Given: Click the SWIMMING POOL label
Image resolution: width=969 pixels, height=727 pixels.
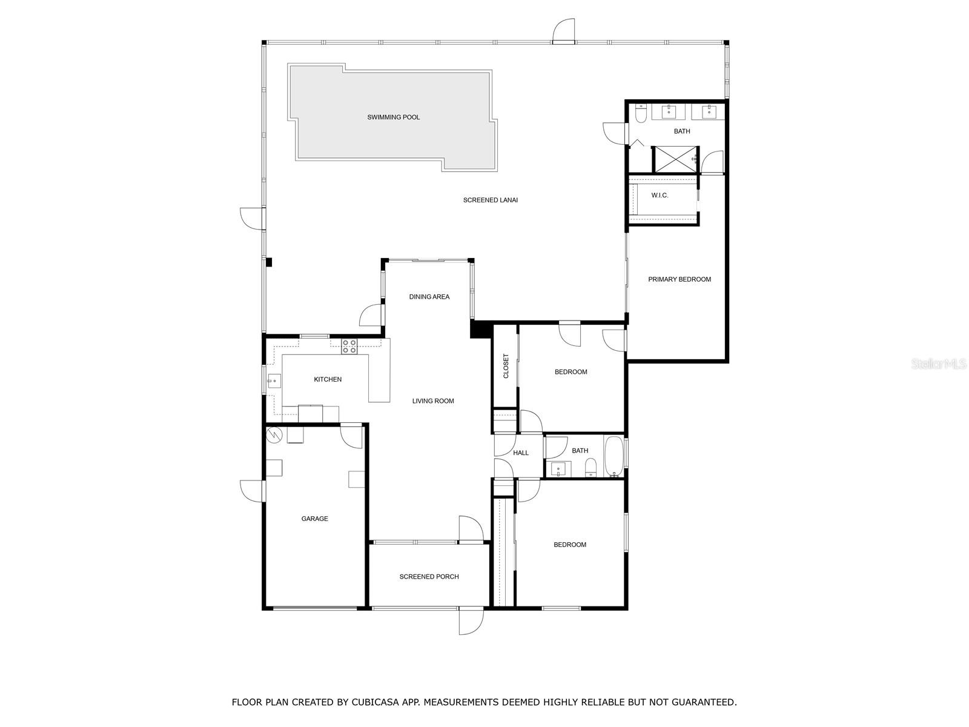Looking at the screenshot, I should point(393,118).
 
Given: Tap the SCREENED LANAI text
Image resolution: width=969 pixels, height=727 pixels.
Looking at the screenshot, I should point(490,200).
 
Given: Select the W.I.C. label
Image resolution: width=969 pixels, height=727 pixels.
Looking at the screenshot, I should point(660,195).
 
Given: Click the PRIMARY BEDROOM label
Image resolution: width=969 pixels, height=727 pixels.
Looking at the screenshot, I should point(679,279).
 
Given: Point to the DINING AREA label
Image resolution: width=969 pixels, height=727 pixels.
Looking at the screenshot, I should point(429,297).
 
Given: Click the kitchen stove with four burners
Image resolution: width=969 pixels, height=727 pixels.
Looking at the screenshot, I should point(349,347).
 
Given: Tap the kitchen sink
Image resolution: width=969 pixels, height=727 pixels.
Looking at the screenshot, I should point(274,381).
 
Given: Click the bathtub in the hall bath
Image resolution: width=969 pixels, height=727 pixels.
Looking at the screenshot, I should point(613,456).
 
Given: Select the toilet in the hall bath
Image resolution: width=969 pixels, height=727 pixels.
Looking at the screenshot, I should point(590,466).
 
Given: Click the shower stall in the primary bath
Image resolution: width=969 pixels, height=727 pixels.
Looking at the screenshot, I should point(674,159).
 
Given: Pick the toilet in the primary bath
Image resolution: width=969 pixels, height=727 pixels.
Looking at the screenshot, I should point(641,113).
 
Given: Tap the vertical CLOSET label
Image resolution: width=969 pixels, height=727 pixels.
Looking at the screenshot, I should point(506,367).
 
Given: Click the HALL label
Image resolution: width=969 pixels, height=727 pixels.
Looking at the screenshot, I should point(520,453).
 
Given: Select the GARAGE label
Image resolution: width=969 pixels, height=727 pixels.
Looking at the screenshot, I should point(314,519).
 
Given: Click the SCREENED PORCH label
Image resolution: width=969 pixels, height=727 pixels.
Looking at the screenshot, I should point(429,577).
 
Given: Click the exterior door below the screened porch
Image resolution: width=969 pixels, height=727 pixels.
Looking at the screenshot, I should point(471,620).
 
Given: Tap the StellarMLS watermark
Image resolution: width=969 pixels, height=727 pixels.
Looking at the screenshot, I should point(938,363).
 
